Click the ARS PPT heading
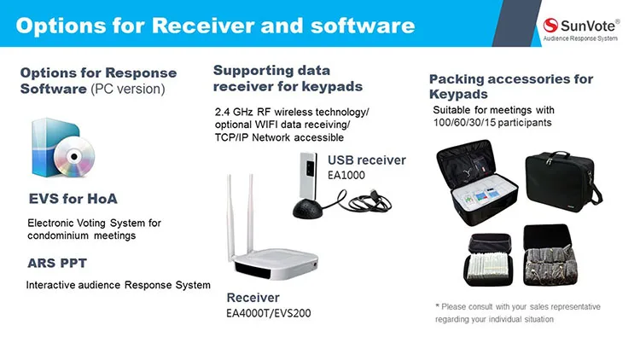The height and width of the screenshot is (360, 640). (x=57, y=263)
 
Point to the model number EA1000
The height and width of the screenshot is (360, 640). (x=347, y=175)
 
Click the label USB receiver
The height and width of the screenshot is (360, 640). (x=367, y=160)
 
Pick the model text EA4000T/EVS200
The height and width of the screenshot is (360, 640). (x=268, y=313)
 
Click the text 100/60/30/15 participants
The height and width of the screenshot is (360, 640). (x=490, y=123)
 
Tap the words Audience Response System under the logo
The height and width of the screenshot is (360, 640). (x=582, y=39)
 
